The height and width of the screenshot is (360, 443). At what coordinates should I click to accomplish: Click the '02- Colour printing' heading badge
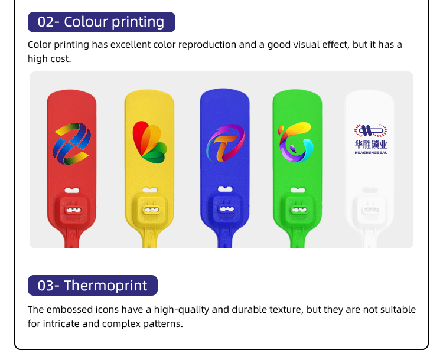click(102, 22)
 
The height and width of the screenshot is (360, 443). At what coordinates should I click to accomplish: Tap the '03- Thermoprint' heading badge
click(93, 285)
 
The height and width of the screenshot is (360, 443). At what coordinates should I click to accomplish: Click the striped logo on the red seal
click(71, 143)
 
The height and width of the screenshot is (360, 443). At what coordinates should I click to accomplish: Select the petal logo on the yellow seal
click(150, 142)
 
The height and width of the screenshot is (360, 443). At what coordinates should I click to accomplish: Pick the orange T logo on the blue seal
click(225, 143)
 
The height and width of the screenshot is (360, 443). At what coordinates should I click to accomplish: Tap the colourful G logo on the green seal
click(296, 142)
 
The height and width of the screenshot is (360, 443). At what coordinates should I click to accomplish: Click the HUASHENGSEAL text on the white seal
click(371, 153)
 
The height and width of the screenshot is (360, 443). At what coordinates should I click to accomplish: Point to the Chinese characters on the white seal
click(371, 145)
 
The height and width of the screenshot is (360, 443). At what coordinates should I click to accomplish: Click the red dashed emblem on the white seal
click(371, 130)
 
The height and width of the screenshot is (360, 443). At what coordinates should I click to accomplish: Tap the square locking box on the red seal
click(73, 210)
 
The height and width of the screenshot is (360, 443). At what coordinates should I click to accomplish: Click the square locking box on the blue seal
click(226, 209)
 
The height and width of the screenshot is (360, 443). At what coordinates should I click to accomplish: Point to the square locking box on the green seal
click(298, 210)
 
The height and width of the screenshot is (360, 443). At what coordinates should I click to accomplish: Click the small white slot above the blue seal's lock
click(225, 189)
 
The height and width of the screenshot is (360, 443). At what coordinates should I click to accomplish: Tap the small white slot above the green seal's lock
click(298, 190)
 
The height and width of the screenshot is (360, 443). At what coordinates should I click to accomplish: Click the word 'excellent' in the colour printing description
click(131, 45)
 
